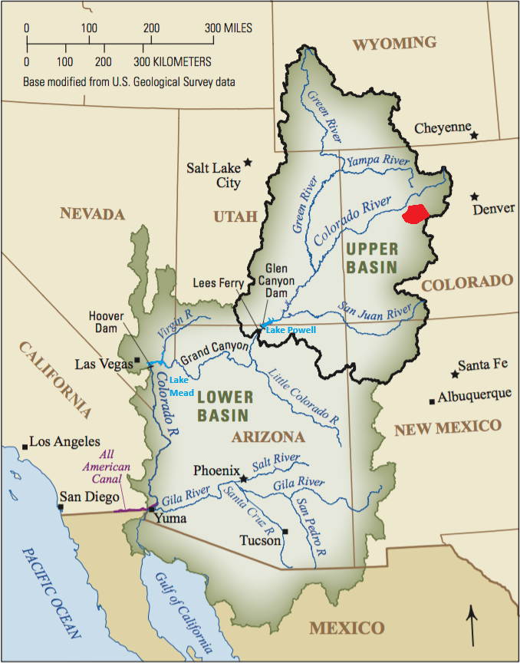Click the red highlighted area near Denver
click(415, 214)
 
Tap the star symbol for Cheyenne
click(475, 135)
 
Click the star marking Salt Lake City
click(248, 163)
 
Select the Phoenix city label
click(217, 470)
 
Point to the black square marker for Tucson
click(285, 531)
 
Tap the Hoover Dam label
click(106, 322)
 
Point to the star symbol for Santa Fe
click(455, 374)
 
